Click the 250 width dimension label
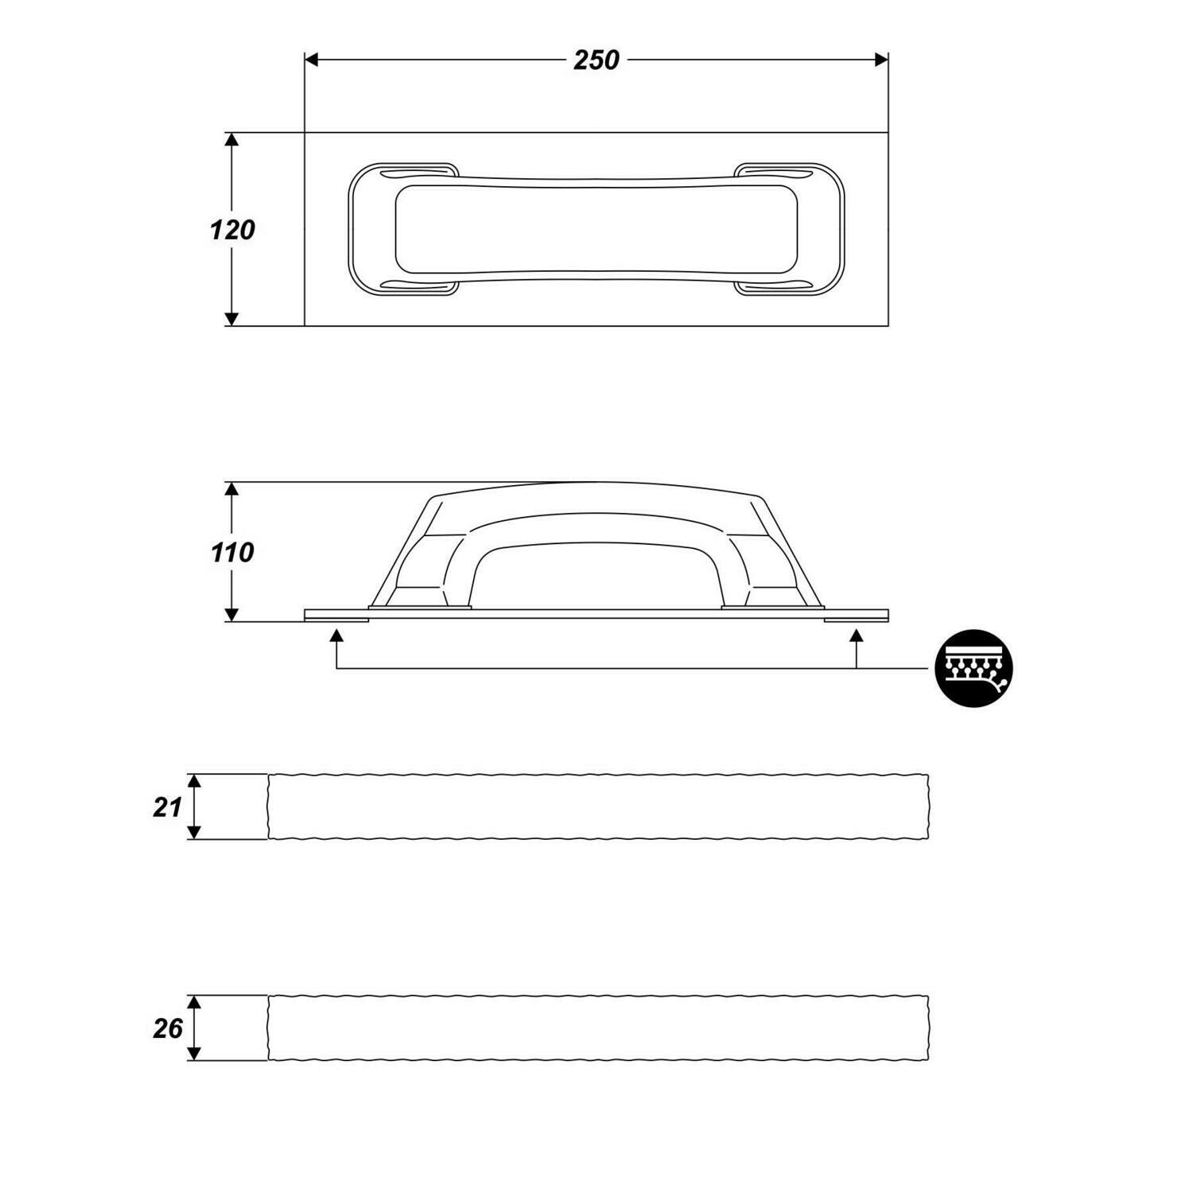tap(596, 60)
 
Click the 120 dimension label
tap(232, 230)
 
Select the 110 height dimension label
tap(232, 552)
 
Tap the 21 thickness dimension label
tap(168, 807)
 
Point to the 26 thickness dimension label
tap(168, 1028)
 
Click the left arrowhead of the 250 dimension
tap(312, 60)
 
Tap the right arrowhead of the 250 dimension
tap(881, 60)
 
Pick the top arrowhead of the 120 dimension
tap(231, 140)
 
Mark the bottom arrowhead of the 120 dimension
tap(231, 319)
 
